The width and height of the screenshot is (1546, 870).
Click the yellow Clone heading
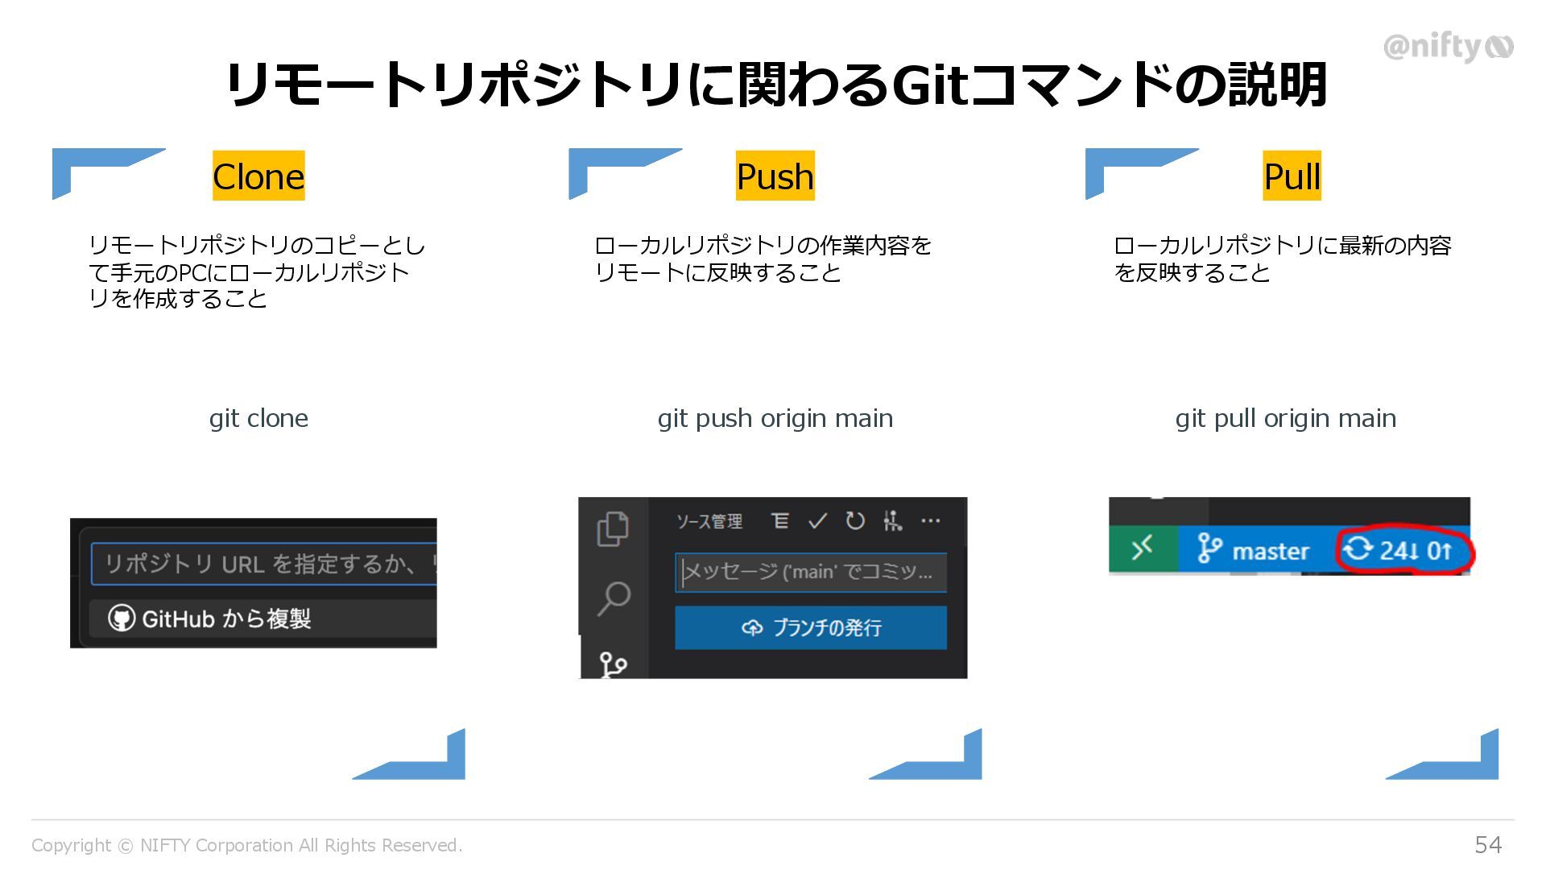(258, 176)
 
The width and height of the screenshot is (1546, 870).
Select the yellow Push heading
(775, 176)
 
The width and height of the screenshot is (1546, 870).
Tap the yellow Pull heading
(1292, 176)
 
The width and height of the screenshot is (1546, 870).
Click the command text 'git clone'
(258, 418)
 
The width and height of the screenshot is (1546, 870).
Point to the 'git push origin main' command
(775, 418)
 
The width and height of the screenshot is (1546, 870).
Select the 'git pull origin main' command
(1285, 418)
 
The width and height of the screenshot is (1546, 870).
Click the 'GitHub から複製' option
(225, 619)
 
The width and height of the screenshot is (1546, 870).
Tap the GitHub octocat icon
(121, 619)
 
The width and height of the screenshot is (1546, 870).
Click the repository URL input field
(264, 564)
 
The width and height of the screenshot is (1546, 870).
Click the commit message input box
(810, 572)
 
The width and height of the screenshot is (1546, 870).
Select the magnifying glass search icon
(614, 598)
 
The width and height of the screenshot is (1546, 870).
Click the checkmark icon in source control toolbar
(817, 521)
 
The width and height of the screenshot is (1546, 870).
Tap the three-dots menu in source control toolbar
(930, 521)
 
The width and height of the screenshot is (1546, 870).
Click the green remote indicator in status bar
(1143, 549)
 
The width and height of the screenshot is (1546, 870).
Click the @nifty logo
(1448, 47)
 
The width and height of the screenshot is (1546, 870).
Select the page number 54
(1488, 844)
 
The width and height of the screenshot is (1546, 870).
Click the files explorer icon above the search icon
(613, 528)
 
